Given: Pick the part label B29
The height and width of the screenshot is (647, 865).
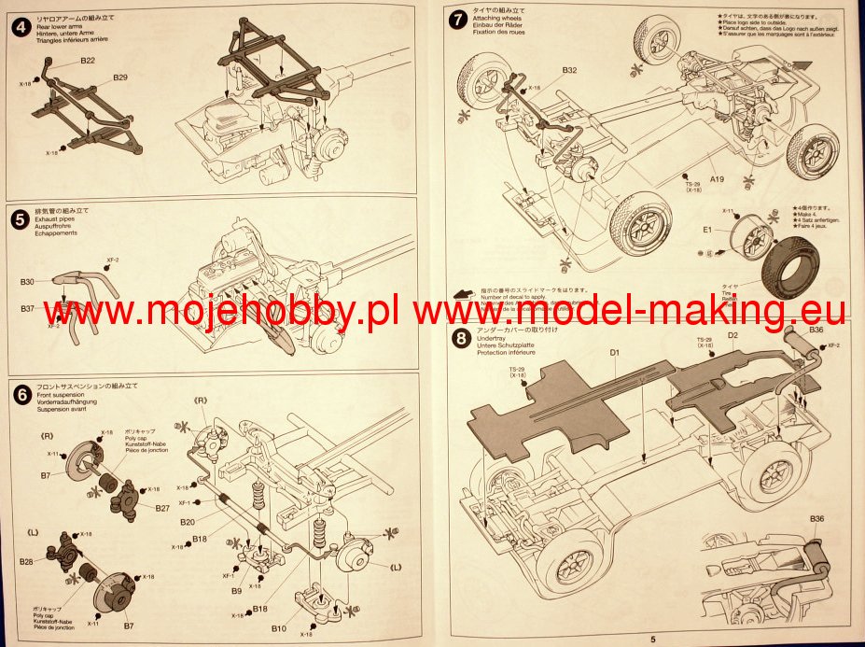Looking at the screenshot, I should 121,77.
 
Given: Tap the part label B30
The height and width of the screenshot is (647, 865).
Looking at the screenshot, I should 27,281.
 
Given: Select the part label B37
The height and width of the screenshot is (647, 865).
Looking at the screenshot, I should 27,309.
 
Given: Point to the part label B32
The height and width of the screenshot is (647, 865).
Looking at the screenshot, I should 569,70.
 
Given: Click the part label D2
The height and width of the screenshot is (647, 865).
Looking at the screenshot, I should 732,334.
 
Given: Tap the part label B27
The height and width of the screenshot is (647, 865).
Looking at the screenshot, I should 162,509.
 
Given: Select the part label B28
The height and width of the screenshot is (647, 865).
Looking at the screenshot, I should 27,562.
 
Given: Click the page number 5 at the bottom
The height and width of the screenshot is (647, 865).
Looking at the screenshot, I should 653,639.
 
